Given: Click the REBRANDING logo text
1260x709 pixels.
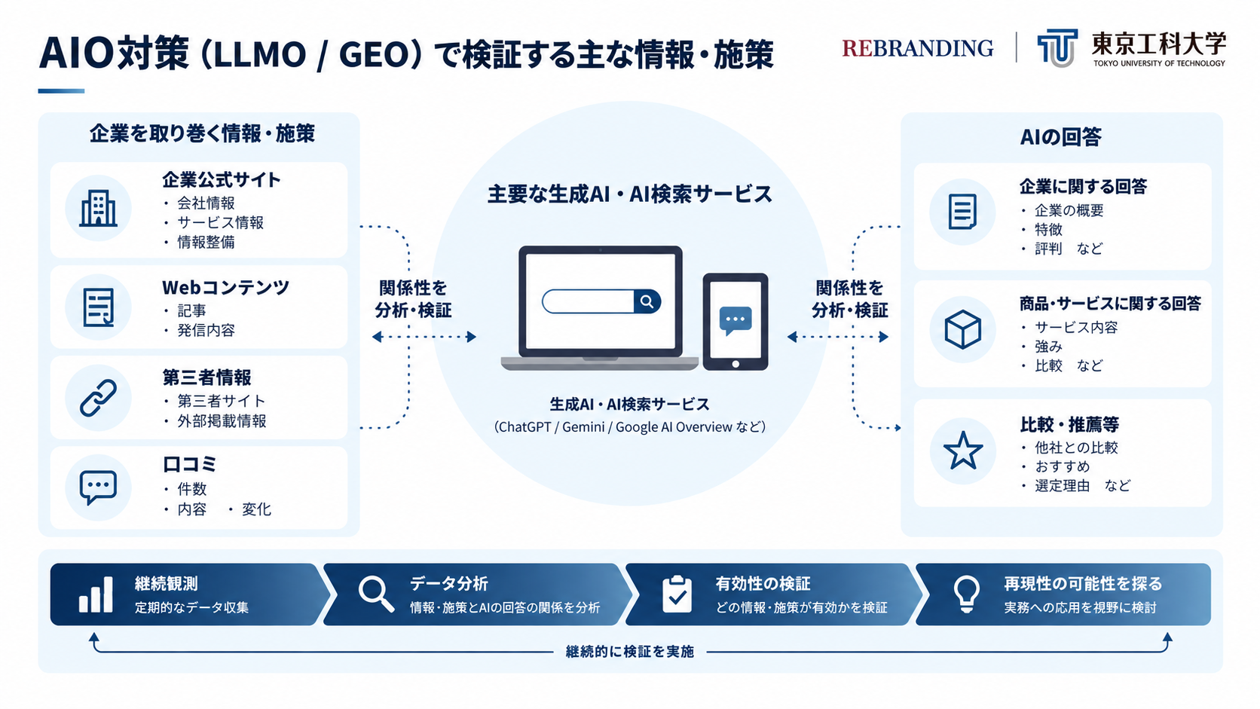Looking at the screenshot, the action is tap(917, 48).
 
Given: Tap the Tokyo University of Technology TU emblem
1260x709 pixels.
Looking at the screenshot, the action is tap(1057, 47).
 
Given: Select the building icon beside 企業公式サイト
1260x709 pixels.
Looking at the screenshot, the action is tap(98, 208).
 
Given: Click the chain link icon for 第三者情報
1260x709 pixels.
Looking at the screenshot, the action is tap(98, 398).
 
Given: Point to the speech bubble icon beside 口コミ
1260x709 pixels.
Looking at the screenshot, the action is tap(99, 487).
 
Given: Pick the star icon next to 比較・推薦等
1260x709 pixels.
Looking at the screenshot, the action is tap(963, 451).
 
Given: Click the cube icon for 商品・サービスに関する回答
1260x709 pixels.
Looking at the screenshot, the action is tap(962, 329).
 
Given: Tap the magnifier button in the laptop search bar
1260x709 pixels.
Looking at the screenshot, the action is tap(647, 301).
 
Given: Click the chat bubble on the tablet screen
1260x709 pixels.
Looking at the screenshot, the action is tap(736, 320).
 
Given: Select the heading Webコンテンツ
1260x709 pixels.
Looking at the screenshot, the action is tap(225, 287).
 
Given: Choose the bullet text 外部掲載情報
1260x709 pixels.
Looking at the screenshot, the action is tap(222, 420).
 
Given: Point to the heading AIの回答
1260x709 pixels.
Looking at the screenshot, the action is tap(1061, 136).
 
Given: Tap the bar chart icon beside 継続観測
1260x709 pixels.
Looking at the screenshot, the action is tap(96, 594).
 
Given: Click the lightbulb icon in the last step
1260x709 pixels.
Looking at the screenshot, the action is tap(966, 594).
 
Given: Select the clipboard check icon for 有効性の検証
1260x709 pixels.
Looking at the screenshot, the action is tap(677, 594).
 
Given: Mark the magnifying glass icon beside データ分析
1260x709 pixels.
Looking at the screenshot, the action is tap(376, 594).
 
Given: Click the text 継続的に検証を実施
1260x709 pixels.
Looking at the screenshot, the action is tap(629, 652).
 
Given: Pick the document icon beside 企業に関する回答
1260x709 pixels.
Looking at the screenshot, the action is tap(962, 212).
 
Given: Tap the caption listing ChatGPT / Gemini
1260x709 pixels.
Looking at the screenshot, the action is tap(630, 426).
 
